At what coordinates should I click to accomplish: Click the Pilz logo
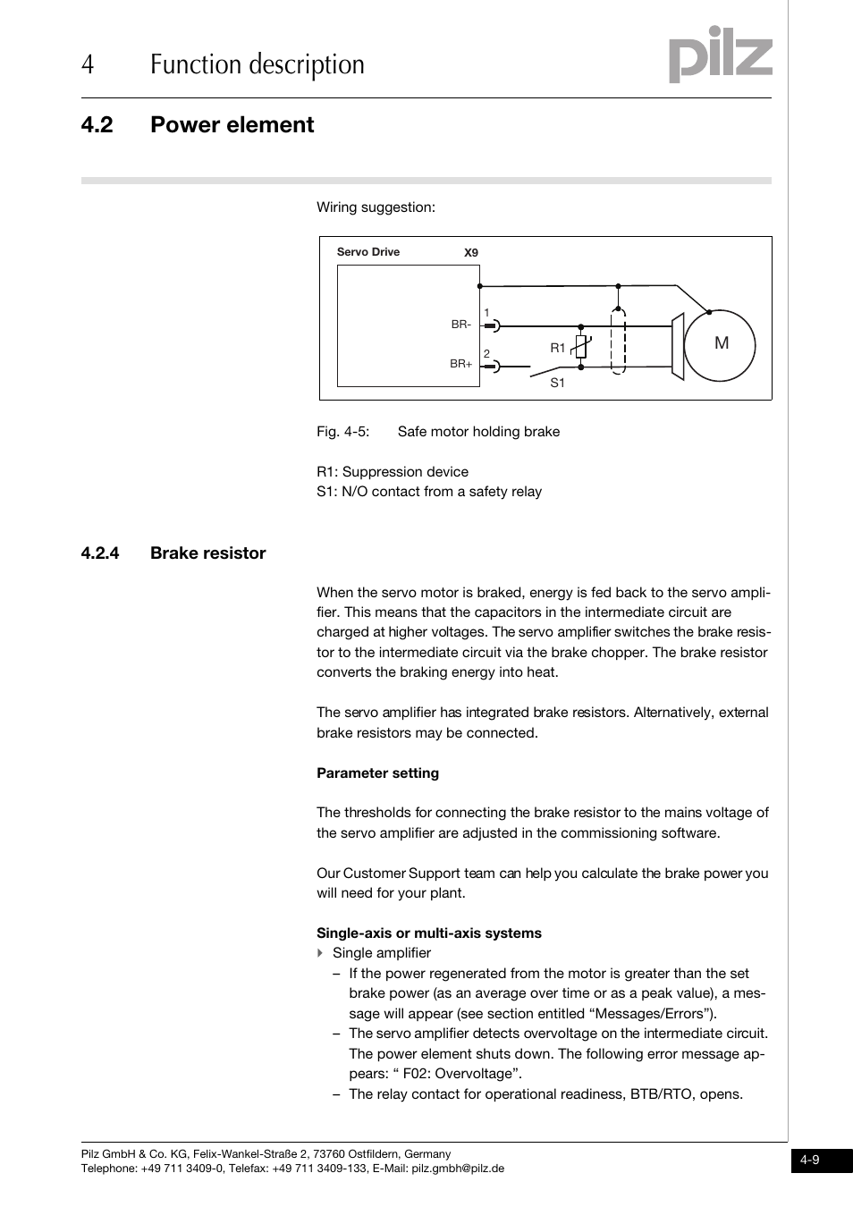[720, 55]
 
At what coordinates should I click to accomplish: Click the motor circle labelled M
[720, 344]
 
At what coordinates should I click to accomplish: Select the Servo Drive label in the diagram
[367, 252]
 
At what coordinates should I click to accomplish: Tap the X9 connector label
[471, 253]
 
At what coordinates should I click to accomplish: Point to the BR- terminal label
[460, 325]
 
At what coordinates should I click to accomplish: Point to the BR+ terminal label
[460, 364]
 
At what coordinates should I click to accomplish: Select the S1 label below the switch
[557, 383]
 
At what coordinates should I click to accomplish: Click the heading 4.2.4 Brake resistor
[173, 553]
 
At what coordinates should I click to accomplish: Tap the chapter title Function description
[257, 64]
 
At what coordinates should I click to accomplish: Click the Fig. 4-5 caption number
[342, 432]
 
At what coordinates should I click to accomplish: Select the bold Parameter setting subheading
[377, 773]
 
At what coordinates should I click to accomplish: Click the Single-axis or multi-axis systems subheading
[428, 933]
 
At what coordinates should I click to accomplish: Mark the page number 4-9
[810, 1161]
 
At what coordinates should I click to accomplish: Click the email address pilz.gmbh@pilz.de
[457, 1169]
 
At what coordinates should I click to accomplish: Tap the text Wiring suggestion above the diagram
[376, 207]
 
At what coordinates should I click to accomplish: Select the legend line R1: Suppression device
[392, 472]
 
